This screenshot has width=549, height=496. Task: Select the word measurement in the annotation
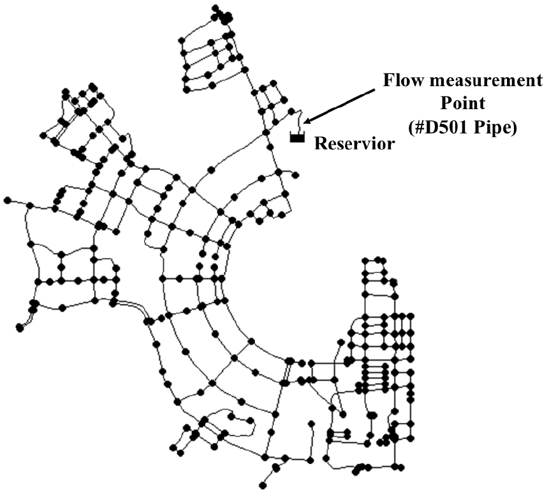tap(486, 81)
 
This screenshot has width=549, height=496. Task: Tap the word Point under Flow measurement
tap(463, 103)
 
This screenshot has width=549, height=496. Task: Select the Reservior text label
tap(355, 144)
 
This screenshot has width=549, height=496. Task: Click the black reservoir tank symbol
tap(297, 137)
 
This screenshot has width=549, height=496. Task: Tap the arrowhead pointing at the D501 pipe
tap(307, 121)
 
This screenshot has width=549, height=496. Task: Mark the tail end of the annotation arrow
tap(374, 90)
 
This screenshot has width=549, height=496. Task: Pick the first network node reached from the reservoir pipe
tap(291, 112)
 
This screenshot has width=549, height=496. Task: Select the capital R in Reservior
tap(320, 144)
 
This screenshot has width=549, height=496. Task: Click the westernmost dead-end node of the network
tap(8, 200)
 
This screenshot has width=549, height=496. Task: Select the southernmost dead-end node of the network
tap(263, 486)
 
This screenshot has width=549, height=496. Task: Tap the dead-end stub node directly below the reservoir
tap(295, 174)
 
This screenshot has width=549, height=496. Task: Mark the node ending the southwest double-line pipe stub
tap(19, 328)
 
